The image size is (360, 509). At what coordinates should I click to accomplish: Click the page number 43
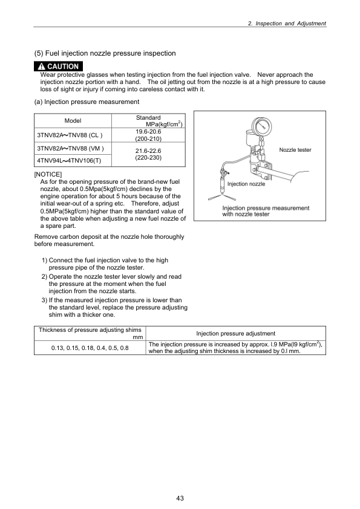pyautogui.click(x=180, y=498)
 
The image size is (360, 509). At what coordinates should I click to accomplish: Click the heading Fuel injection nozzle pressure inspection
pyautogui.click(x=105, y=53)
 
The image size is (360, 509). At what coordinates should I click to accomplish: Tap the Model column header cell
pyautogui.click(x=73, y=121)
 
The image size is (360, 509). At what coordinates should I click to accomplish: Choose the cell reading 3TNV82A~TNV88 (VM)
pyautogui.click(x=70, y=148)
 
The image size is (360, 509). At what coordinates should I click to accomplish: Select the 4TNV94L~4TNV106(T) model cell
pyautogui.click(x=70, y=161)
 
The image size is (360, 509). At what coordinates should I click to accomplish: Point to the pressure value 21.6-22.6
pyautogui.click(x=148, y=151)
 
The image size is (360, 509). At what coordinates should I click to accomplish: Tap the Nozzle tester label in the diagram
pyautogui.click(x=295, y=149)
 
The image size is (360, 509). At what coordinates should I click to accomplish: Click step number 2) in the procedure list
pyautogui.click(x=45, y=276)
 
